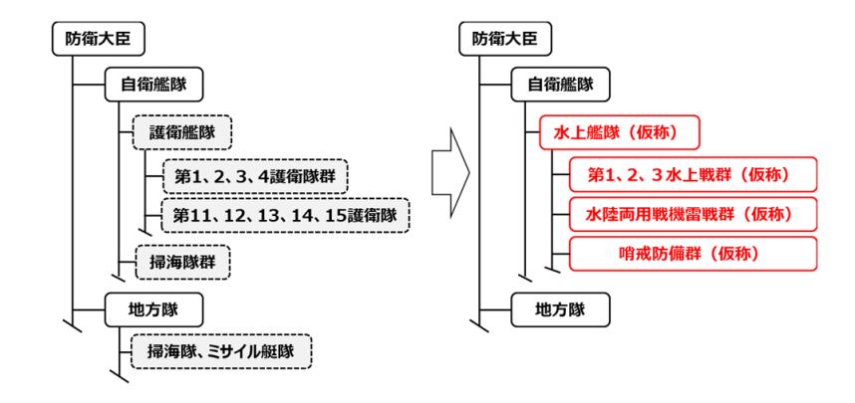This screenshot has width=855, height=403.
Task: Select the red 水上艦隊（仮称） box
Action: pos(607,130)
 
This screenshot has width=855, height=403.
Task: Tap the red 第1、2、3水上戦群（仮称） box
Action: pos(692,176)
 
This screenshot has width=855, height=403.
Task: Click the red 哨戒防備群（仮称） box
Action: pos(692,254)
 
